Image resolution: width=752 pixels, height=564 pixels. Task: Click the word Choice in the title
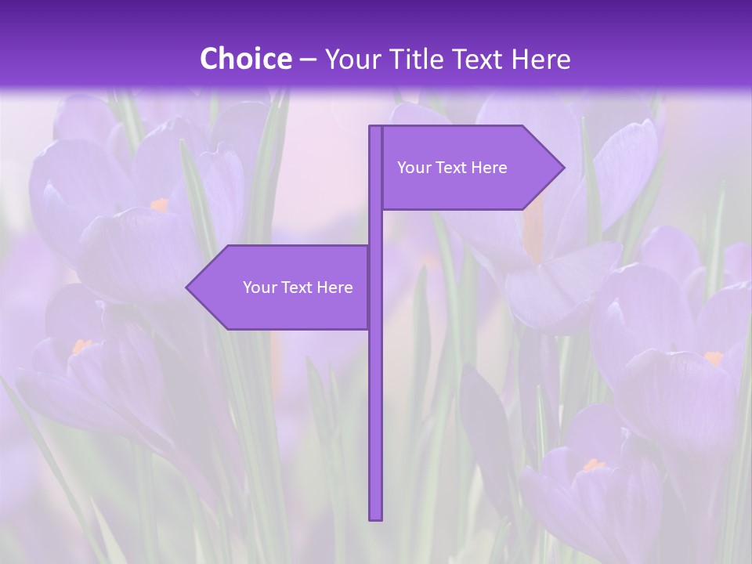coord(245,60)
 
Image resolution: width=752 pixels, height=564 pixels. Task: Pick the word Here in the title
coord(542,60)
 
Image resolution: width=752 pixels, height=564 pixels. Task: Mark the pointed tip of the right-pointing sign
coord(562,167)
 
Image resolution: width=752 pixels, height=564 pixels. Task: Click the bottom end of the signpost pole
coord(376,517)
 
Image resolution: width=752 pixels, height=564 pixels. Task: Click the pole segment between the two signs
coord(376,227)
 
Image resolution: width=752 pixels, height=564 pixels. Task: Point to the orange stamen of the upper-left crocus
coord(159,204)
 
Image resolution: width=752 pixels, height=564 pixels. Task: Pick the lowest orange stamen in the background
coord(594,465)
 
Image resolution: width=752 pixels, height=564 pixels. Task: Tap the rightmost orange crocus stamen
coord(713,358)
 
